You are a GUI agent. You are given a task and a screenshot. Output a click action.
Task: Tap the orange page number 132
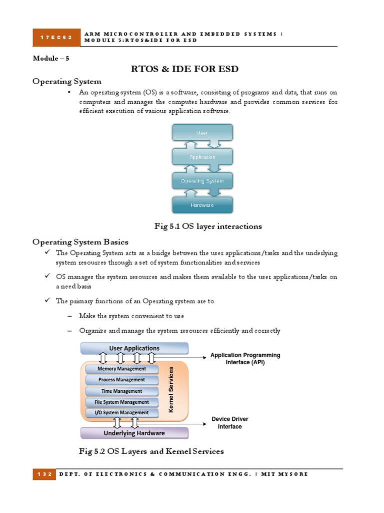[x=43, y=474]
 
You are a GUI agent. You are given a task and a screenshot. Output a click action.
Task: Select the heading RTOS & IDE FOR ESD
[x=184, y=69]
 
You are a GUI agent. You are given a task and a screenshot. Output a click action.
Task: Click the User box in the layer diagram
[x=202, y=133]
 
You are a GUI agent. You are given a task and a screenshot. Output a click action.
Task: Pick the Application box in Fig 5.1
[x=202, y=157]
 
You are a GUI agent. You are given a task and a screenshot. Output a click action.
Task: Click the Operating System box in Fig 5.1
[x=202, y=181]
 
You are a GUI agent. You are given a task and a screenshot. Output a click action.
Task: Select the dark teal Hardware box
[x=202, y=205]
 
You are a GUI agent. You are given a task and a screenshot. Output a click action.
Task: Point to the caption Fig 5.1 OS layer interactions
[x=208, y=226]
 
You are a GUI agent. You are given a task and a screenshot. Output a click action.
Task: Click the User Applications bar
[x=134, y=348]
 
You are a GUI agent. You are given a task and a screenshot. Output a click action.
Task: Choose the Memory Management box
[x=121, y=369]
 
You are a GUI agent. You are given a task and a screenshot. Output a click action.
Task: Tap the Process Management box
[x=121, y=380]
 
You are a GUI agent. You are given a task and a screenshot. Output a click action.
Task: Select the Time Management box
[x=121, y=391]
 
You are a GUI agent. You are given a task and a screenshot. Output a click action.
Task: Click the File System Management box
[x=121, y=402]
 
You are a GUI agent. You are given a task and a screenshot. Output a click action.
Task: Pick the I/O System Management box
[x=121, y=413]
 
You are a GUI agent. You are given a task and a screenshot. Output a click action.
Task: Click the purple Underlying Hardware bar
[x=134, y=433]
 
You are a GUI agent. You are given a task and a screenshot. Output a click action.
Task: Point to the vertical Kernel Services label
[x=171, y=389]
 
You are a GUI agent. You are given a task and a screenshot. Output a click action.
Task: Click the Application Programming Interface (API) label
[x=245, y=359]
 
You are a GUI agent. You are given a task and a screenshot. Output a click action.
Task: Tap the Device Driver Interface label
[x=229, y=423]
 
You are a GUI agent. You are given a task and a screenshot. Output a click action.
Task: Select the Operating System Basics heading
[x=80, y=242]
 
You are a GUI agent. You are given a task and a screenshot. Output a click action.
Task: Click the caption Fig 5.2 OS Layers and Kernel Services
[x=151, y=451]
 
